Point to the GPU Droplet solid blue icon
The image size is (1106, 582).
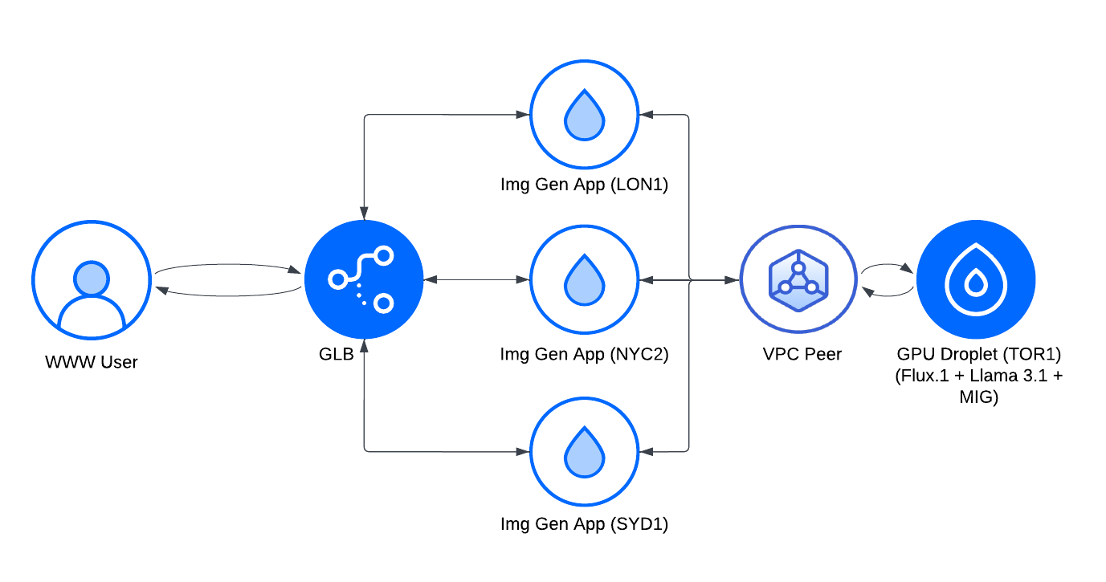tap(975, 281)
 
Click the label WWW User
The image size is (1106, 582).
tap(91, 362)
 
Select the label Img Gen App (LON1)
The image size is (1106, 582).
tap(584, 185)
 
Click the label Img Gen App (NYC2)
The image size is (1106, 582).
tap(584, 354)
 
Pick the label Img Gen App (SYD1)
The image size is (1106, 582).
tap(584, 525)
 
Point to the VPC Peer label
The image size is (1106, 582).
tap(802, 354)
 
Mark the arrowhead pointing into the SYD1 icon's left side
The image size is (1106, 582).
tap(523, 451)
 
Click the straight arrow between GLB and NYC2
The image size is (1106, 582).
tap(476, 280)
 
